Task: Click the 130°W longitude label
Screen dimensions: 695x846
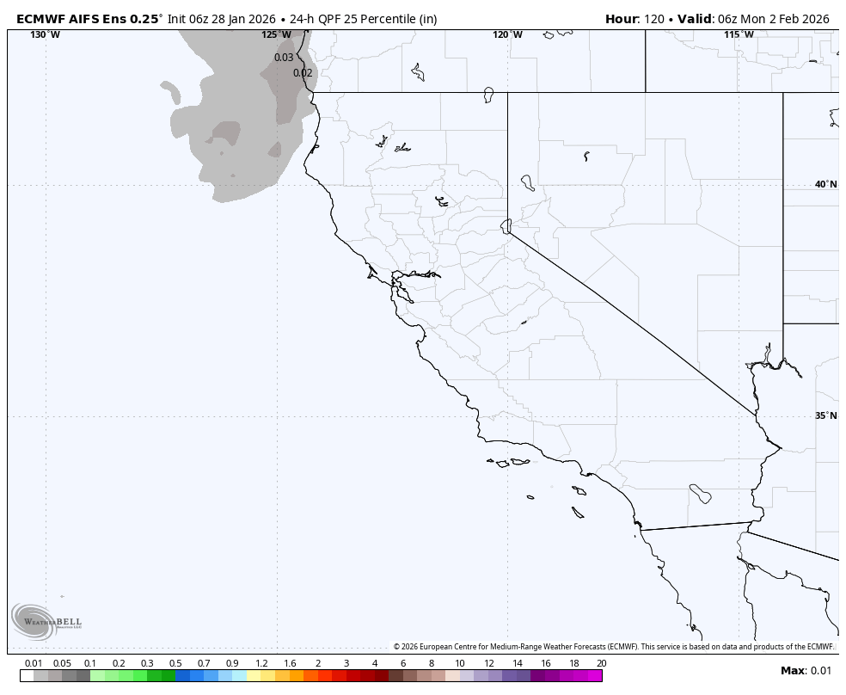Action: point(46,34)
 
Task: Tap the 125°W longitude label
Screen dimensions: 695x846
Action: point(276,34)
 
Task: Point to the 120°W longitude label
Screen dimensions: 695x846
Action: point(507,34)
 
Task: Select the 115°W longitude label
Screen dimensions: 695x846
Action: point(739,34)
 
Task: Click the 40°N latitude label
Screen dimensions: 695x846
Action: point(825,184)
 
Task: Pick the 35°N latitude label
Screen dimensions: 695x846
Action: point(825,415)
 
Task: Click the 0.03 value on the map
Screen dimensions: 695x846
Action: point(284,58)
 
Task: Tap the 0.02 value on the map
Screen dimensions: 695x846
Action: point(303,73)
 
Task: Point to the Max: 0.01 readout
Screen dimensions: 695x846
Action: point(806,671)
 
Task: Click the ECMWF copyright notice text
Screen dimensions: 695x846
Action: point(614,647)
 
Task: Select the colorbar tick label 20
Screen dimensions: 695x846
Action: point(601,663)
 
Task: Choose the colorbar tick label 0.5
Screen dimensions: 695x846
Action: point(175,663)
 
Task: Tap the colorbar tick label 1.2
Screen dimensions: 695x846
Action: point(261,663)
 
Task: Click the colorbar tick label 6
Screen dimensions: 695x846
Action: point(403,663)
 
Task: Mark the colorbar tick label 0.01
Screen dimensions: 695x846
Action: point(34,663)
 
